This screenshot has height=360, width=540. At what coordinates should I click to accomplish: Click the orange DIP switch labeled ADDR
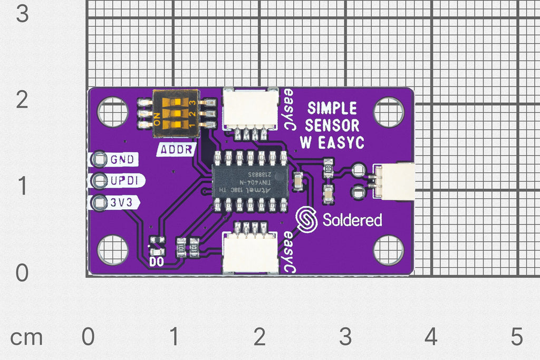(173, 112)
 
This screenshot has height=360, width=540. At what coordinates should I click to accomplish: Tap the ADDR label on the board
(176, 149)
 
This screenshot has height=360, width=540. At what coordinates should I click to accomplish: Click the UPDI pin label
(124, 181)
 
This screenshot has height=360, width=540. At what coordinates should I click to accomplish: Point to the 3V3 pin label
(122, 202)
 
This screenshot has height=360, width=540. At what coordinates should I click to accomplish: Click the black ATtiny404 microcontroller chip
(249, 181)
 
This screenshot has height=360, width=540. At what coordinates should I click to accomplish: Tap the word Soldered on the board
(352, 220)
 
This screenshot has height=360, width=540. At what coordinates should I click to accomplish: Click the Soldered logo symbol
(306, 220)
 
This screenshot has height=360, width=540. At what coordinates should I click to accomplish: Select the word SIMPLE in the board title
(332, 109)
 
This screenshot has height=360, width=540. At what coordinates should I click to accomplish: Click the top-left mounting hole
(112, 112)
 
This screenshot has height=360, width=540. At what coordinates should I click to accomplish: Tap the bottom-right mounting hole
(388, 250)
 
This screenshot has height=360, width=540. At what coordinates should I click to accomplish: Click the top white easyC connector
(250, 109)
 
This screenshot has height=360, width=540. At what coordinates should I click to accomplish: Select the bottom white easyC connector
(250, 253)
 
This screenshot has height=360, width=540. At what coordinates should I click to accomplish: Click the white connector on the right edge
(397, 181)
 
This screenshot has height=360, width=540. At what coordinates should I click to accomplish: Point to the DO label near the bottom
(157, 260)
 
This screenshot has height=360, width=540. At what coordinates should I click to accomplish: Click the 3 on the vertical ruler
(22, 14)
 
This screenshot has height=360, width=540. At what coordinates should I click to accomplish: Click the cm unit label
(26, 337)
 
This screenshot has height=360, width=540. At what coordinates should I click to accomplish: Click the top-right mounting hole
(388, 112)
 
